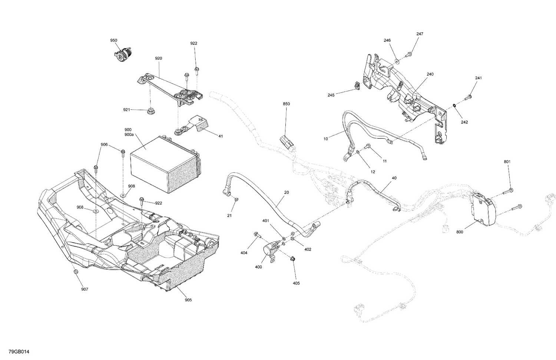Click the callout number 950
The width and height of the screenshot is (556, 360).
tap(113, 40)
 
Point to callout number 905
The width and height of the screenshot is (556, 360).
tap(188, 300)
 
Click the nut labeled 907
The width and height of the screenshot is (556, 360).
tap(76, 272)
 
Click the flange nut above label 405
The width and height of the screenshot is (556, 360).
tap(292, 259)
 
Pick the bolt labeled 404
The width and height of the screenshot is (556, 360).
tap(257, 234)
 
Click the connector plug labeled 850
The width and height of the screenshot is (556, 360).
tap(286, 141)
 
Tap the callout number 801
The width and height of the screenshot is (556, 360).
tap(507, 162)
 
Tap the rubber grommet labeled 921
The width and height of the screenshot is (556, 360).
tap(150, 110)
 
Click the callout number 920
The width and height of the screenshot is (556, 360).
tap(159, 59)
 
